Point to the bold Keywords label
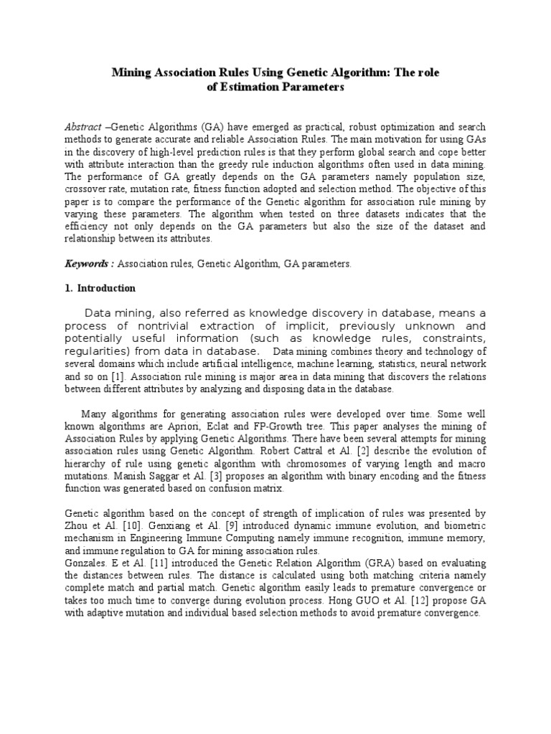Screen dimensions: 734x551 [89, 264]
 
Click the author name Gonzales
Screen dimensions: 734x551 [87, 563]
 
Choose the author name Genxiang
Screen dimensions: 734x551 [174, 525]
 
